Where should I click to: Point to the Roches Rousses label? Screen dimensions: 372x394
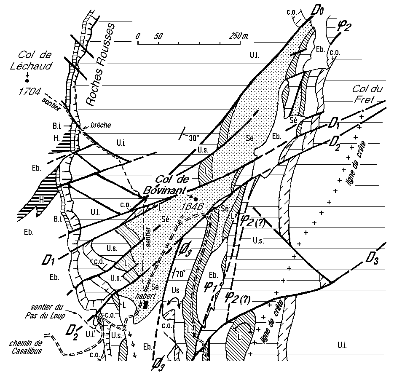(x=100, y=63)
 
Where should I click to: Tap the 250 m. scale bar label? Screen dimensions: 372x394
(x=239, y=36)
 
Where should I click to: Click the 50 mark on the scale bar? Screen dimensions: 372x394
(x=158, y=36)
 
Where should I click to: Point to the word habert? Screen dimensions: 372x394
(x=145, y=296)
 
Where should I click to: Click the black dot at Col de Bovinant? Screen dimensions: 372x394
(x=196, y=199)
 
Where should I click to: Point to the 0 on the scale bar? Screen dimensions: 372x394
(x=138, y=36)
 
